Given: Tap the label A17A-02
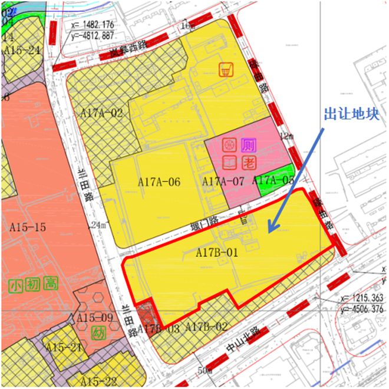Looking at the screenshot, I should [x=101, y=113].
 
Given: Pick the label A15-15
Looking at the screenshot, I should [x=28, y=226].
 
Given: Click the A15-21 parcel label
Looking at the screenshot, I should [x=63, y=347].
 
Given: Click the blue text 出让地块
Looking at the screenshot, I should [x=351, y=114].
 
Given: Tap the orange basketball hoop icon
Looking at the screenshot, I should [x=225, y=70].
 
